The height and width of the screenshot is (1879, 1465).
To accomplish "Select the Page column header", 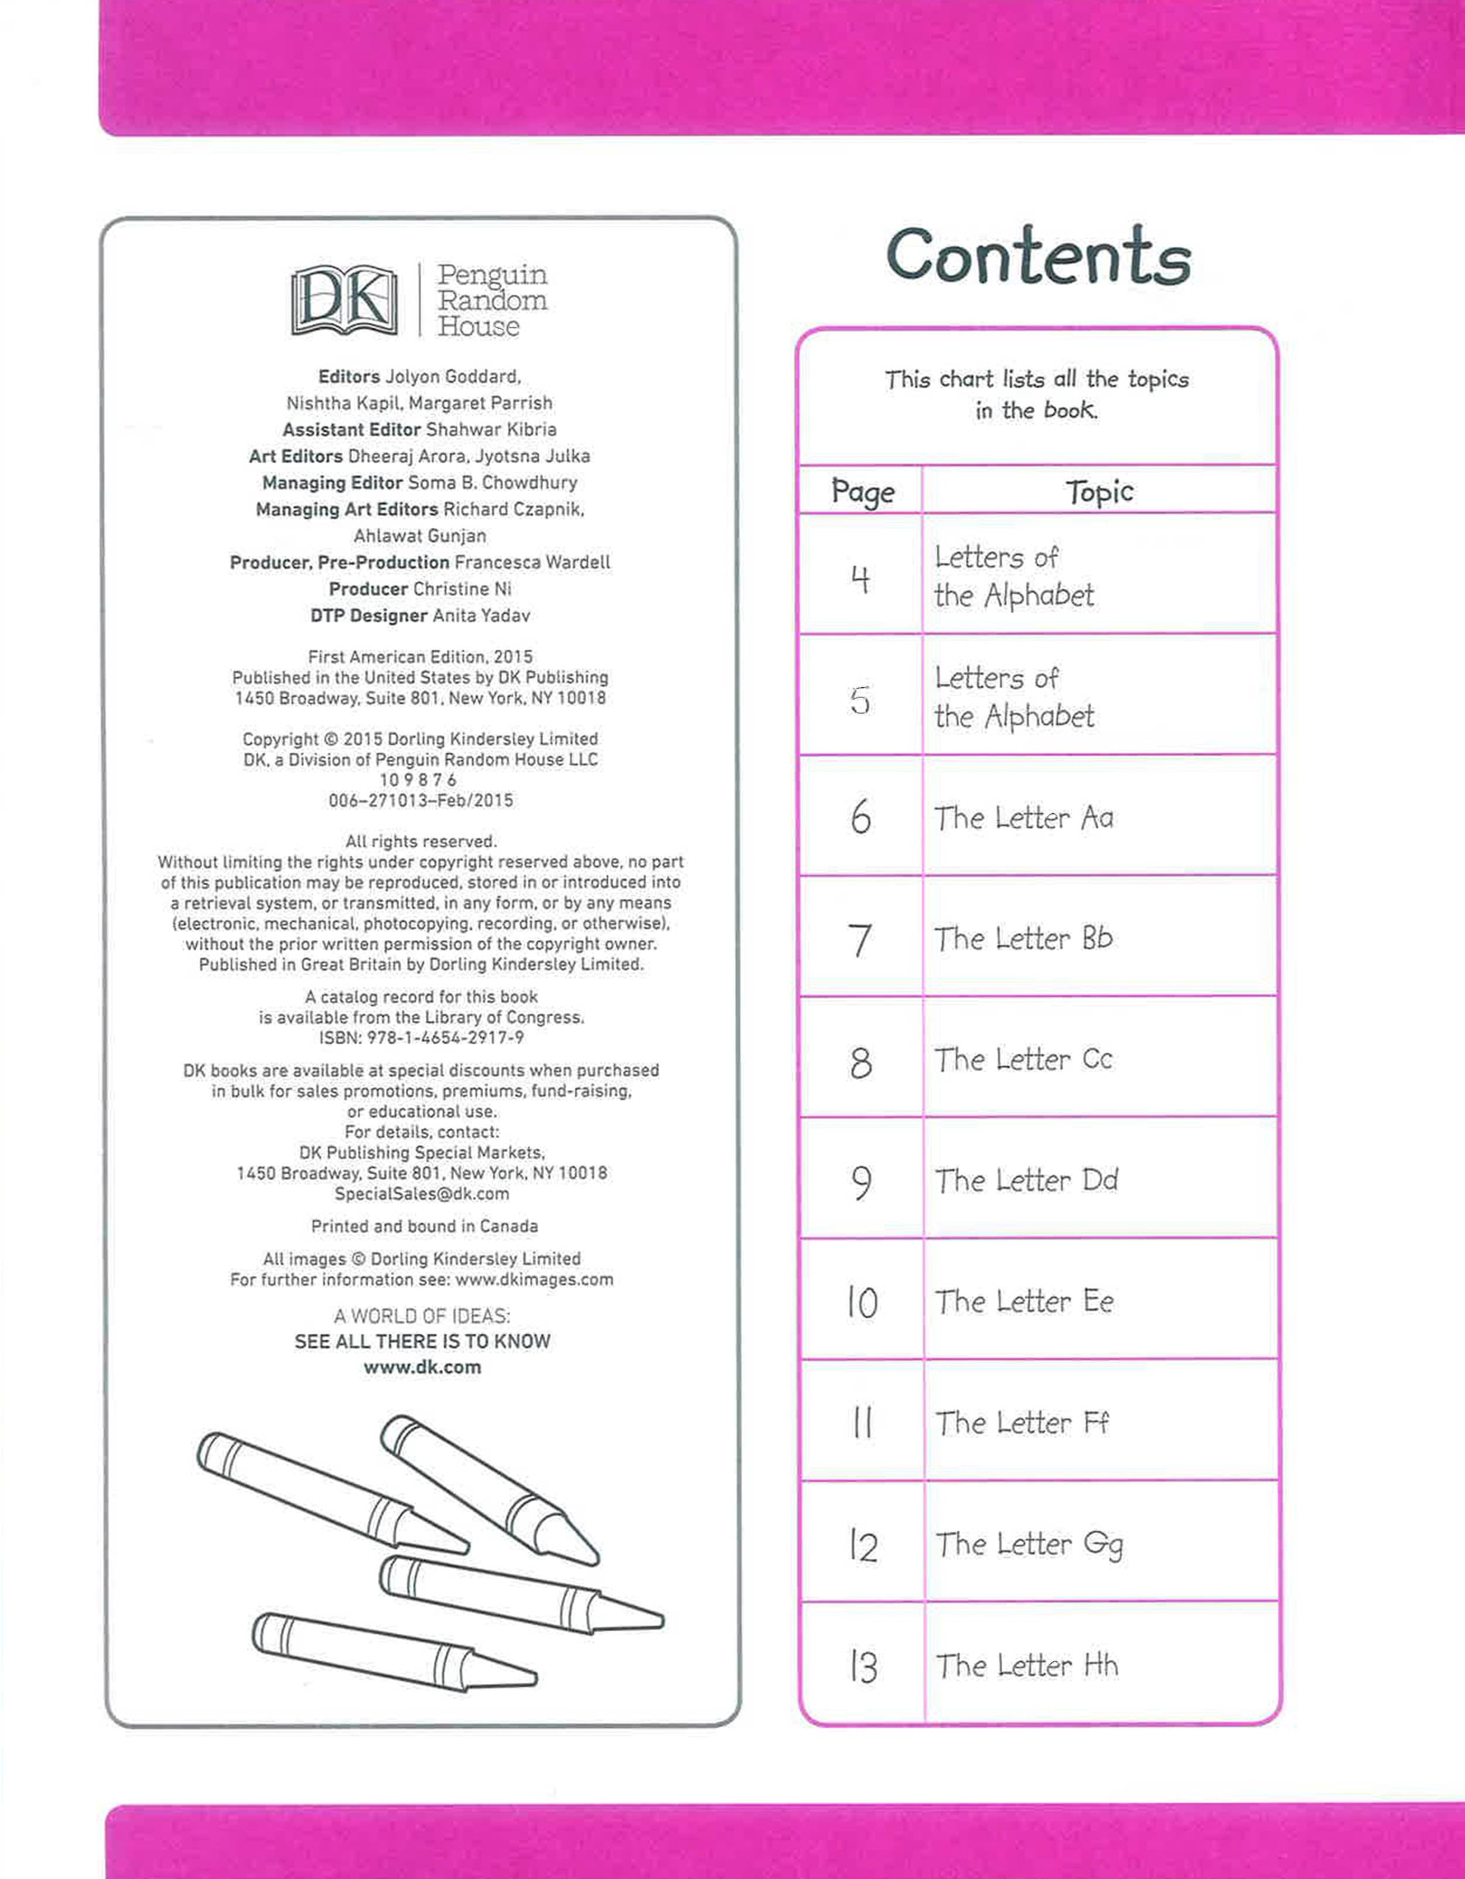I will pyautogui.click(x=862, y=491).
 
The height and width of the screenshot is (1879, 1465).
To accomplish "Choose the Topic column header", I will pyautogui.click(x=1099, y=491).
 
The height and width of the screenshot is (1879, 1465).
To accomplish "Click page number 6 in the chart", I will pyautogui.click(x=861, y=816).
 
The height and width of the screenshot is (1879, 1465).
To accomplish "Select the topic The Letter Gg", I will pyautogui.click(x=1029, y=1545).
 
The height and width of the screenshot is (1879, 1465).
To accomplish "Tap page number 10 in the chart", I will pyautogui.click(x=862, y=1303).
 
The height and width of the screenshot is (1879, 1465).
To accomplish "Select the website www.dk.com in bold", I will pyautogui.click(x=422, y=1367).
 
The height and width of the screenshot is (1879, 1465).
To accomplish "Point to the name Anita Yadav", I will pyautogui.click(x=481, y=616).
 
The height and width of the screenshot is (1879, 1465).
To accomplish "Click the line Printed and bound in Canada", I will pyautogui.click(x=424, y=1226).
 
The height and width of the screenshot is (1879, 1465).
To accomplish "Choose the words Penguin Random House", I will pyautogui.click(x=491, y=300).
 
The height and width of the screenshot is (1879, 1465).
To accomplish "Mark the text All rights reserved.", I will pyautogui.click(x=421, y=842).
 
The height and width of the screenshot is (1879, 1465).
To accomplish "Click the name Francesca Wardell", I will pyautogui.click(x=532, y=563).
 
